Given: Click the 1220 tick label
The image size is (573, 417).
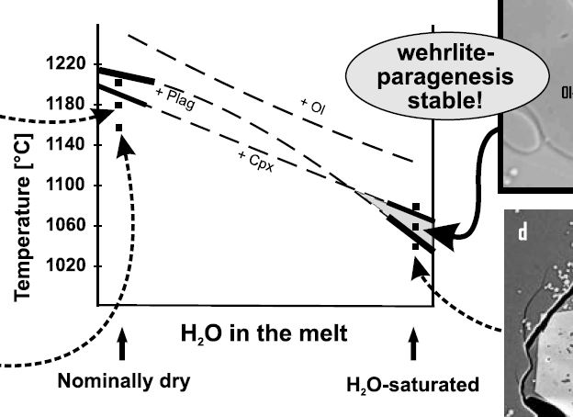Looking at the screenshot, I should pyautogui.click(x=63, y=63).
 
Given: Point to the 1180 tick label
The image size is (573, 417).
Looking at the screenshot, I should pyautogui.click(x=63, y=104).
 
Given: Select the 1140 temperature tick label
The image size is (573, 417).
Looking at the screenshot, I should pyautogui.click(x=63, y=144).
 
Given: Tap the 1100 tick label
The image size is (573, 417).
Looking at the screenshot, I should pyautogui.click(x=63, y=185).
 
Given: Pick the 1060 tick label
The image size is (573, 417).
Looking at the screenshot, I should pyautogui.click(x=63, y=225).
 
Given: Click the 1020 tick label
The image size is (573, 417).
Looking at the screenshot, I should pyautogui.click(x=63, y=265).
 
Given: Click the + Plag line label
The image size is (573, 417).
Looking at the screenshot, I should pyautogui.click(x=174, y=96).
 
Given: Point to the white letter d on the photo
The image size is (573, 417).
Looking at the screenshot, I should pyautogui.click(x=522, y=232).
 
